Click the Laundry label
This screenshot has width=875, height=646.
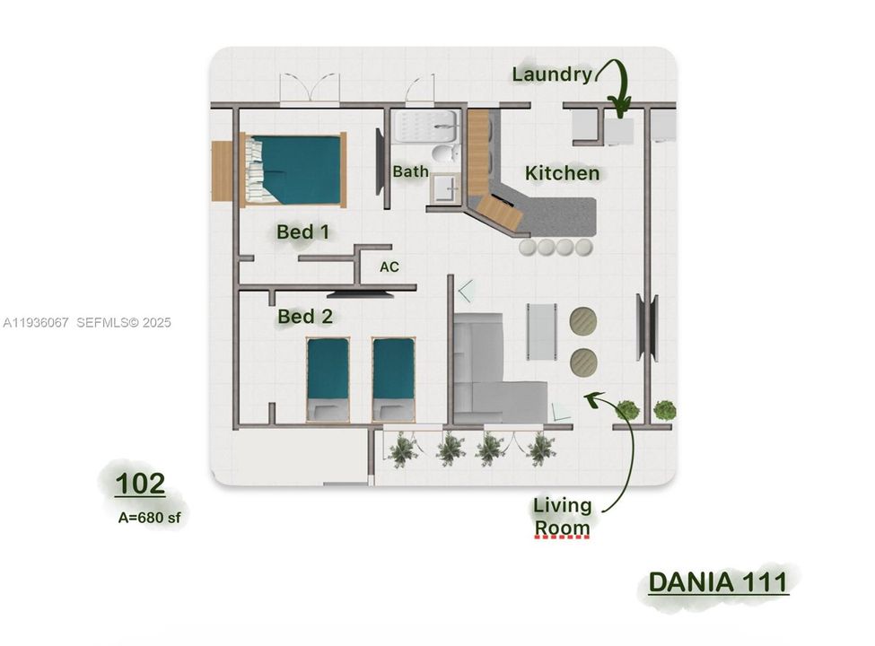(552, 74)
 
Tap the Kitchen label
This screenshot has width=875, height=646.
(562, 173)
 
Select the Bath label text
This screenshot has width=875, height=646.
(410, 171)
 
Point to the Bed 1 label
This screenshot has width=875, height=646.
(302, 232)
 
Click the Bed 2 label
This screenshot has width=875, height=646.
(304, 317)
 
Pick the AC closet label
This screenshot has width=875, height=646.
(389, 267)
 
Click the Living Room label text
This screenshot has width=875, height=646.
(562, 516)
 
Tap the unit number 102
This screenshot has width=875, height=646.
(140, 484)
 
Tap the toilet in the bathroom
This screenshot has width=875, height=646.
(444, 153)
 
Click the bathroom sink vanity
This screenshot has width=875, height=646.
(443, 187)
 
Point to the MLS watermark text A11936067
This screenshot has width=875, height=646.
(36, 322)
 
